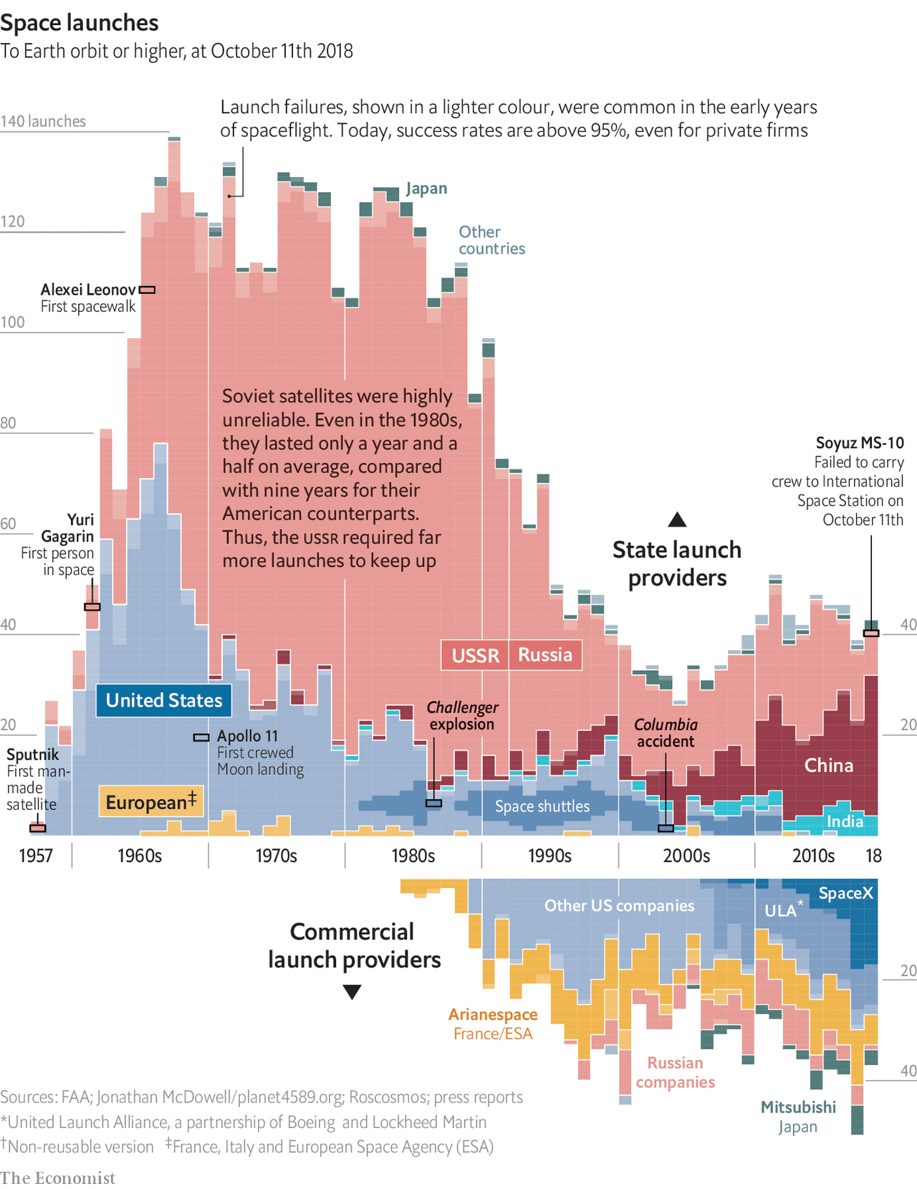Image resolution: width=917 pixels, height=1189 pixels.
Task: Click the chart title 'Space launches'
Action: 80,23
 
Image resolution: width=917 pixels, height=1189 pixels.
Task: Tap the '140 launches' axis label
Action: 43,121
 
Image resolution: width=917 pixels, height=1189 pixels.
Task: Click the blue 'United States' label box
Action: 164,700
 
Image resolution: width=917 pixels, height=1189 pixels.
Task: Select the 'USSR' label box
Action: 475,655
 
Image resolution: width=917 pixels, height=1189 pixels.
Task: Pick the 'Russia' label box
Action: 545,655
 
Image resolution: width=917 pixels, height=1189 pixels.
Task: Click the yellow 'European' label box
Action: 151,802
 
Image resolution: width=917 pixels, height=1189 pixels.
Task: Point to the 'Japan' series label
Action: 426,188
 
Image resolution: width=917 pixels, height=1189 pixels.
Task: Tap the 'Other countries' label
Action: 491,240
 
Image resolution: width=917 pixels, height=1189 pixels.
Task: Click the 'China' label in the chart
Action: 828,765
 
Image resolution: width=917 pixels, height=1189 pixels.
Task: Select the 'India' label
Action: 845,821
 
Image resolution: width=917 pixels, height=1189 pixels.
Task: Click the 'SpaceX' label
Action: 846,893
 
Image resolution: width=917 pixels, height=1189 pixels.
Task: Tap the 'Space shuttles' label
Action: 542,806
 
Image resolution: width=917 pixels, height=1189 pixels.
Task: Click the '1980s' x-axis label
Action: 413,856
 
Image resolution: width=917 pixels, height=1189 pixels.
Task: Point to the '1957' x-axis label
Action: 36,856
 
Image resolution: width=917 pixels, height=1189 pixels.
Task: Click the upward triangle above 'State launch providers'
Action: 677,520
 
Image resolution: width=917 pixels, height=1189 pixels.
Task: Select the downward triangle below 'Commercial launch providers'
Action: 352,992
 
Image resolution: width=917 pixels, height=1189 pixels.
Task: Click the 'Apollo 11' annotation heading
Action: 247,736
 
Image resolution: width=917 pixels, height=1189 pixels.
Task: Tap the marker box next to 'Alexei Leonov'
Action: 147,290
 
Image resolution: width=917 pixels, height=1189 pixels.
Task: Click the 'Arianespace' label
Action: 493,1014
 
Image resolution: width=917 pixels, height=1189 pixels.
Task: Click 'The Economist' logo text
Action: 57,1178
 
